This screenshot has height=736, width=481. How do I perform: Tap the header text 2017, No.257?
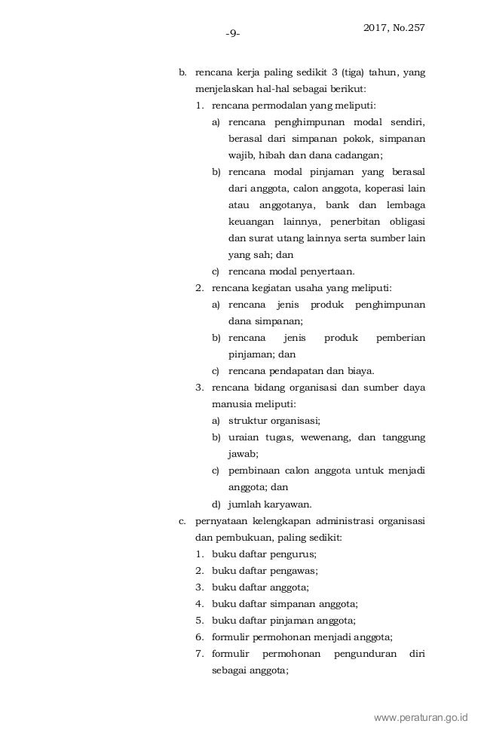tap(394, 28)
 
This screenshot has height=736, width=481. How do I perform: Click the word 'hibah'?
tap(271, 155)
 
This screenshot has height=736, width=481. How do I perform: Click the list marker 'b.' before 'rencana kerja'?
tap(182, 73)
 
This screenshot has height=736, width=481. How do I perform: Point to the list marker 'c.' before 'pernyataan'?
tap(182, 520)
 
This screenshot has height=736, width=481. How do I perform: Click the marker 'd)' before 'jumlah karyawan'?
tap(216, 504)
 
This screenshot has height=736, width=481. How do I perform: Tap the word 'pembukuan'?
tap(237, 537)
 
